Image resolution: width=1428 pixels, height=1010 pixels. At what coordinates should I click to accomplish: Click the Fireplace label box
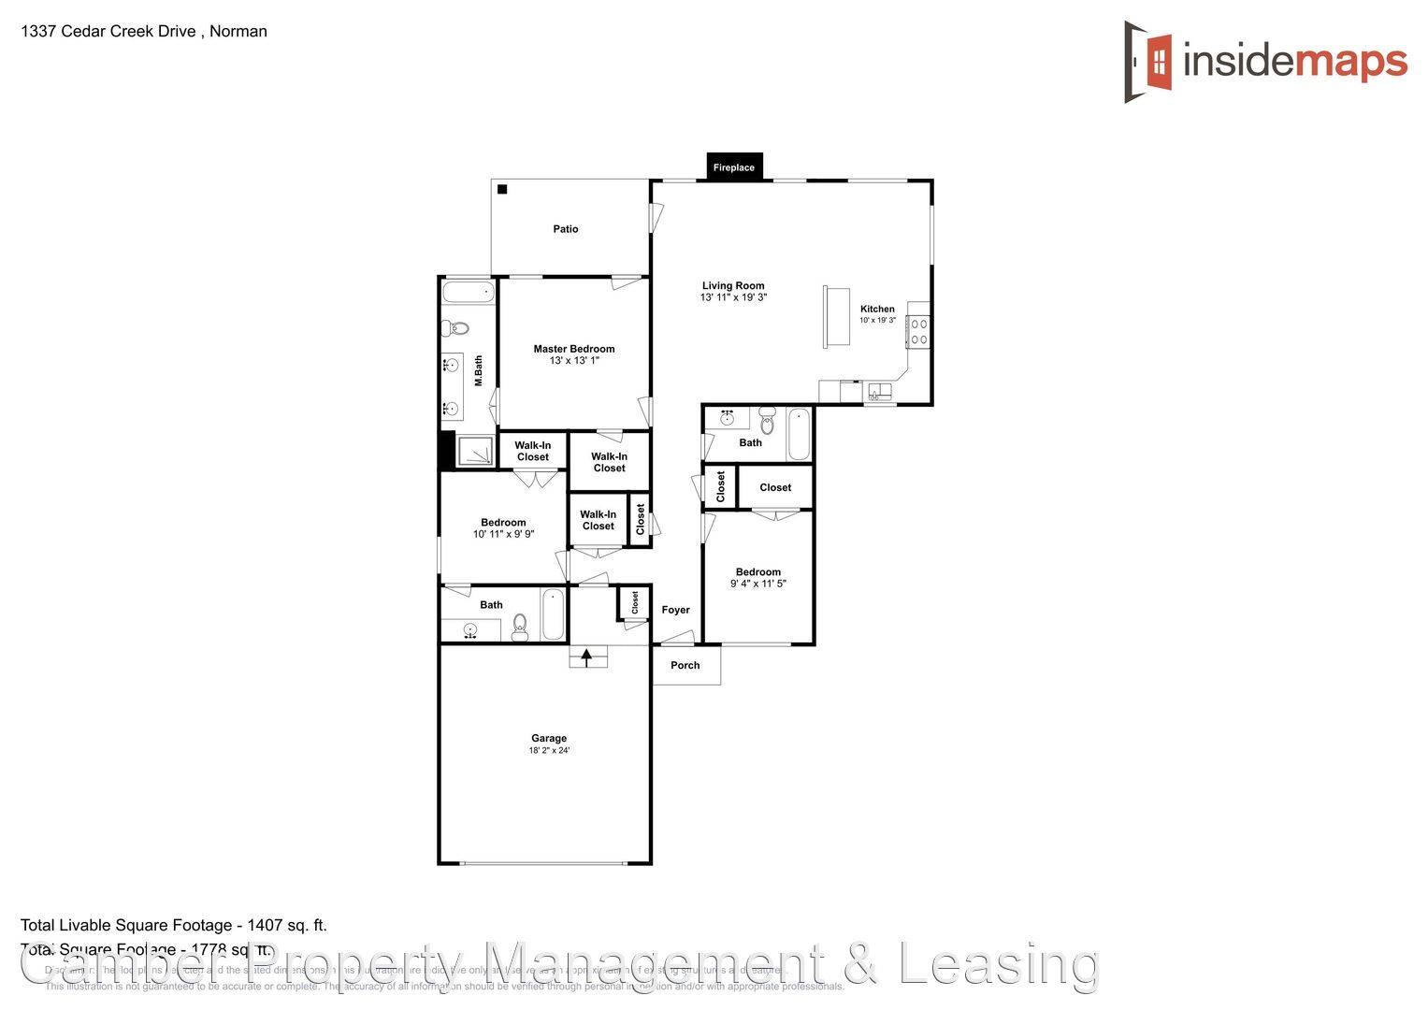coord(734,167)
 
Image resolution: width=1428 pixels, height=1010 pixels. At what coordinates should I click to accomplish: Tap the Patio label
coord(565,229)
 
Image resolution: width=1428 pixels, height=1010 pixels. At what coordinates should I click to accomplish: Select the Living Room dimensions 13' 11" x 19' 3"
coord(733,298)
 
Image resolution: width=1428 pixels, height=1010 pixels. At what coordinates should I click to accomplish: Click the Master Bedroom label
coord(573,349)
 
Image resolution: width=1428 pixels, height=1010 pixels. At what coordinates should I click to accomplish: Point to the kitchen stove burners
coord(918,332)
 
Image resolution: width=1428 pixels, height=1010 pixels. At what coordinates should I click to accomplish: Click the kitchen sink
coord(878,391)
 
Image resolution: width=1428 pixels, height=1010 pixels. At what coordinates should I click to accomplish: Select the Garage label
coord(549,739)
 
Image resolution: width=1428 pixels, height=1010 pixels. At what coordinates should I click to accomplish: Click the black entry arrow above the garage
coord(586,656)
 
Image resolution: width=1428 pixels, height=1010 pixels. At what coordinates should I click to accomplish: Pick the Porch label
coord(685,666)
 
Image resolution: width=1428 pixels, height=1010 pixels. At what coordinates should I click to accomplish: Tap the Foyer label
coord(675,610)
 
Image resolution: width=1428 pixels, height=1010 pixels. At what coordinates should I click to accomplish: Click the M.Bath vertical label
coord(479,371)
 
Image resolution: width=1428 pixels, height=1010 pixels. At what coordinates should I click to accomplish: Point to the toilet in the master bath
coord(457,328)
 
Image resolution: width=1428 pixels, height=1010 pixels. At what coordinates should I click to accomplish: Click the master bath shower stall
coord(475,452)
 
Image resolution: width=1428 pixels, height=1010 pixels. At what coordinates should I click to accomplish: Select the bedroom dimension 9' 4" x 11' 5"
coord(758,584)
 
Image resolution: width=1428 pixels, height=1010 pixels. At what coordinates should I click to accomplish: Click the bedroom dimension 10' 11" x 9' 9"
coord(503,535)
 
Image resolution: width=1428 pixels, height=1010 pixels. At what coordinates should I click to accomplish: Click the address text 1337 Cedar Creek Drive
coord(108,31)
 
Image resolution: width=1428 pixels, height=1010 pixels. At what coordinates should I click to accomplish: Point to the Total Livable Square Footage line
coord(174,925)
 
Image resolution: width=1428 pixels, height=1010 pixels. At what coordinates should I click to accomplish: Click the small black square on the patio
coord(502,190)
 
